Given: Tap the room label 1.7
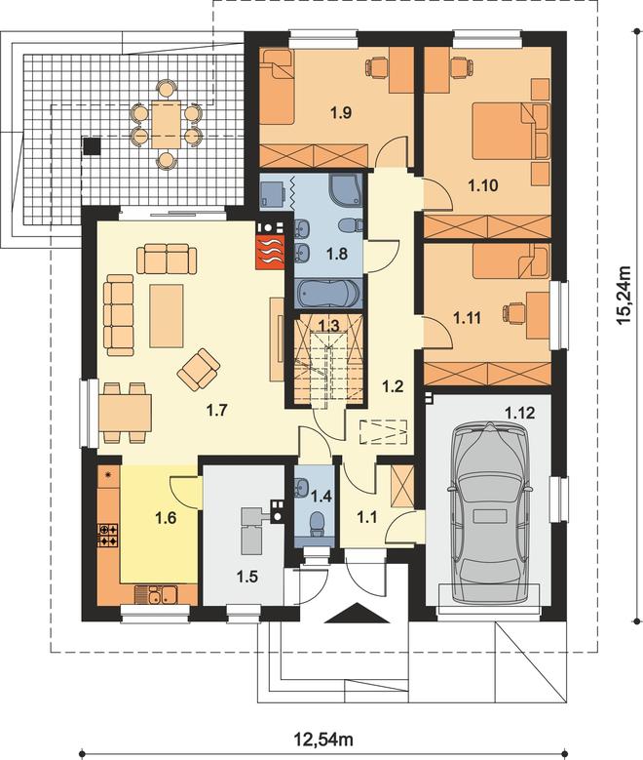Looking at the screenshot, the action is tap(216, 411).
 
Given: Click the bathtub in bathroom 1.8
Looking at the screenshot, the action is tap(327, 293).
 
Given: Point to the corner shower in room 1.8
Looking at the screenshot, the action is tap(344, 189).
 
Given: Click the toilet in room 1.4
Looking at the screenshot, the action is tap(318, 525).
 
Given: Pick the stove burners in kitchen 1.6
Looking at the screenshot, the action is tap(107, 535).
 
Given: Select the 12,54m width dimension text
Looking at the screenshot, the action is tap(323, 740).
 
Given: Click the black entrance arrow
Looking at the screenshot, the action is tap(358, 613).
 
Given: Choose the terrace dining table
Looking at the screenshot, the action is tap(166, 124).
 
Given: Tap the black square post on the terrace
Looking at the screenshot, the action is tap(92, 146).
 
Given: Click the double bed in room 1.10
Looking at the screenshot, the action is tap(511, 131).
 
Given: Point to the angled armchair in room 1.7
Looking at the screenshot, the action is tap(199, 370).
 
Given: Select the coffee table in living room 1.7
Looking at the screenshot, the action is tap(167, 316).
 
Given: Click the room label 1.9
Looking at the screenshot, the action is tap(341, 113).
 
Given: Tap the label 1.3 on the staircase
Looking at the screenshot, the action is tap(328, 325).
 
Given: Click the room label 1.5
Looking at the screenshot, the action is tap(246, 577).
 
